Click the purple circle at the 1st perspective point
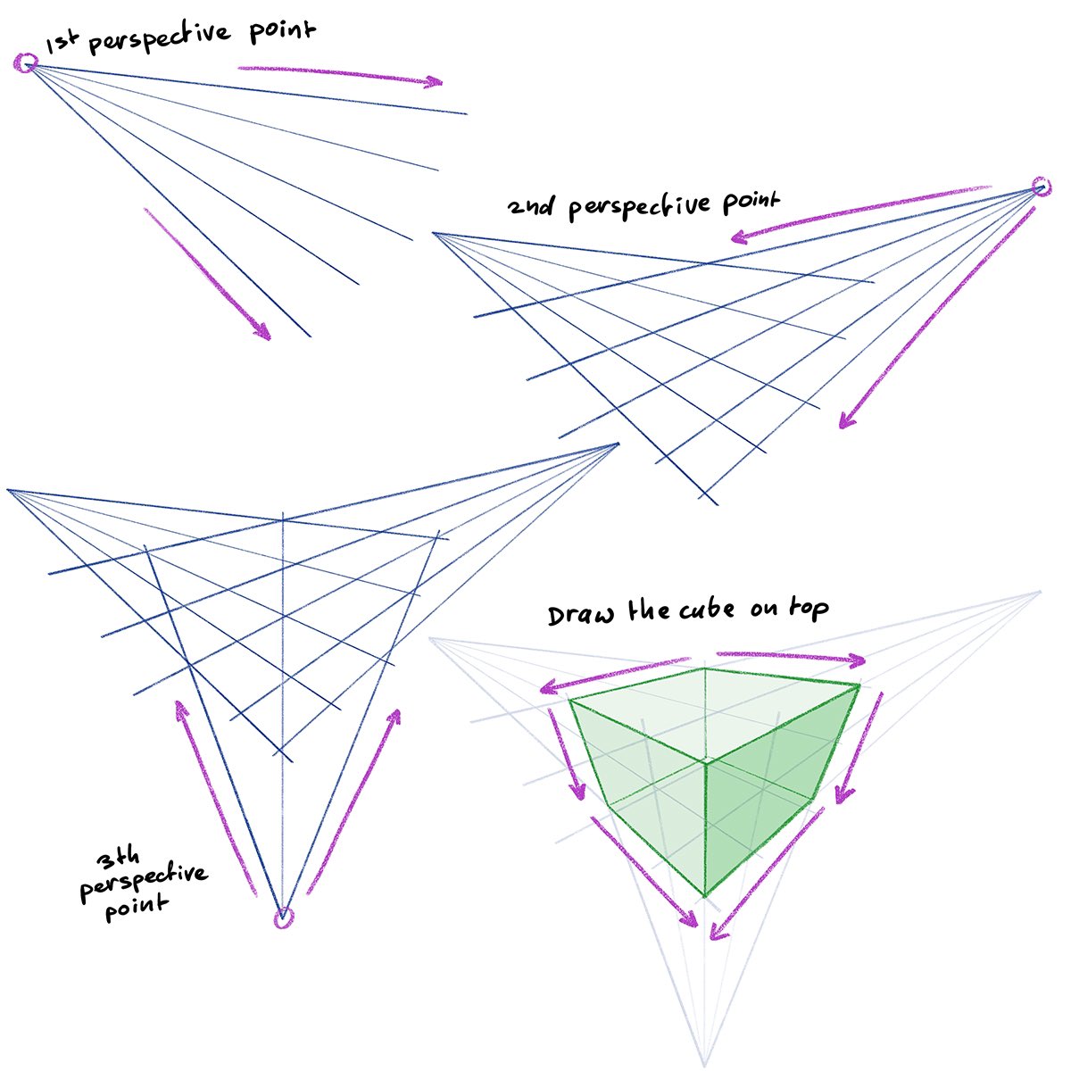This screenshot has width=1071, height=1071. pos(26,62)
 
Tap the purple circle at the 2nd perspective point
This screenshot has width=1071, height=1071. pos(1041,186)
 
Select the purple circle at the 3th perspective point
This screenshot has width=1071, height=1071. pos(283,918)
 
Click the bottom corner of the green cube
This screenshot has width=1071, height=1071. pos(706,896)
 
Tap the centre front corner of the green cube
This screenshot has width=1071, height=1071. pos(707,761)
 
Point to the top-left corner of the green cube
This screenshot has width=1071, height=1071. pos(570,699)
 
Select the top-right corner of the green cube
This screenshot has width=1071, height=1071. pos(859,685)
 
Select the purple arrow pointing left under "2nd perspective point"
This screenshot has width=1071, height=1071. pos(857,214)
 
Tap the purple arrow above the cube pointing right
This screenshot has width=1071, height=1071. pos(791,658)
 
